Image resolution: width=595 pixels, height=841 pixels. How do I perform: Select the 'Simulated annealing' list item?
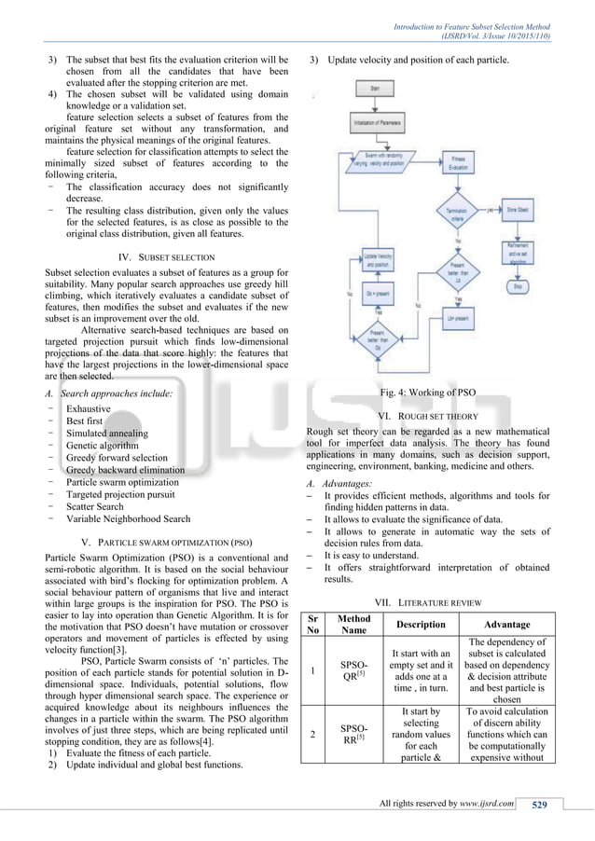coord(106,434)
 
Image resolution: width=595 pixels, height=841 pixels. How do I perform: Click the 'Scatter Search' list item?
coord(94,506)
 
